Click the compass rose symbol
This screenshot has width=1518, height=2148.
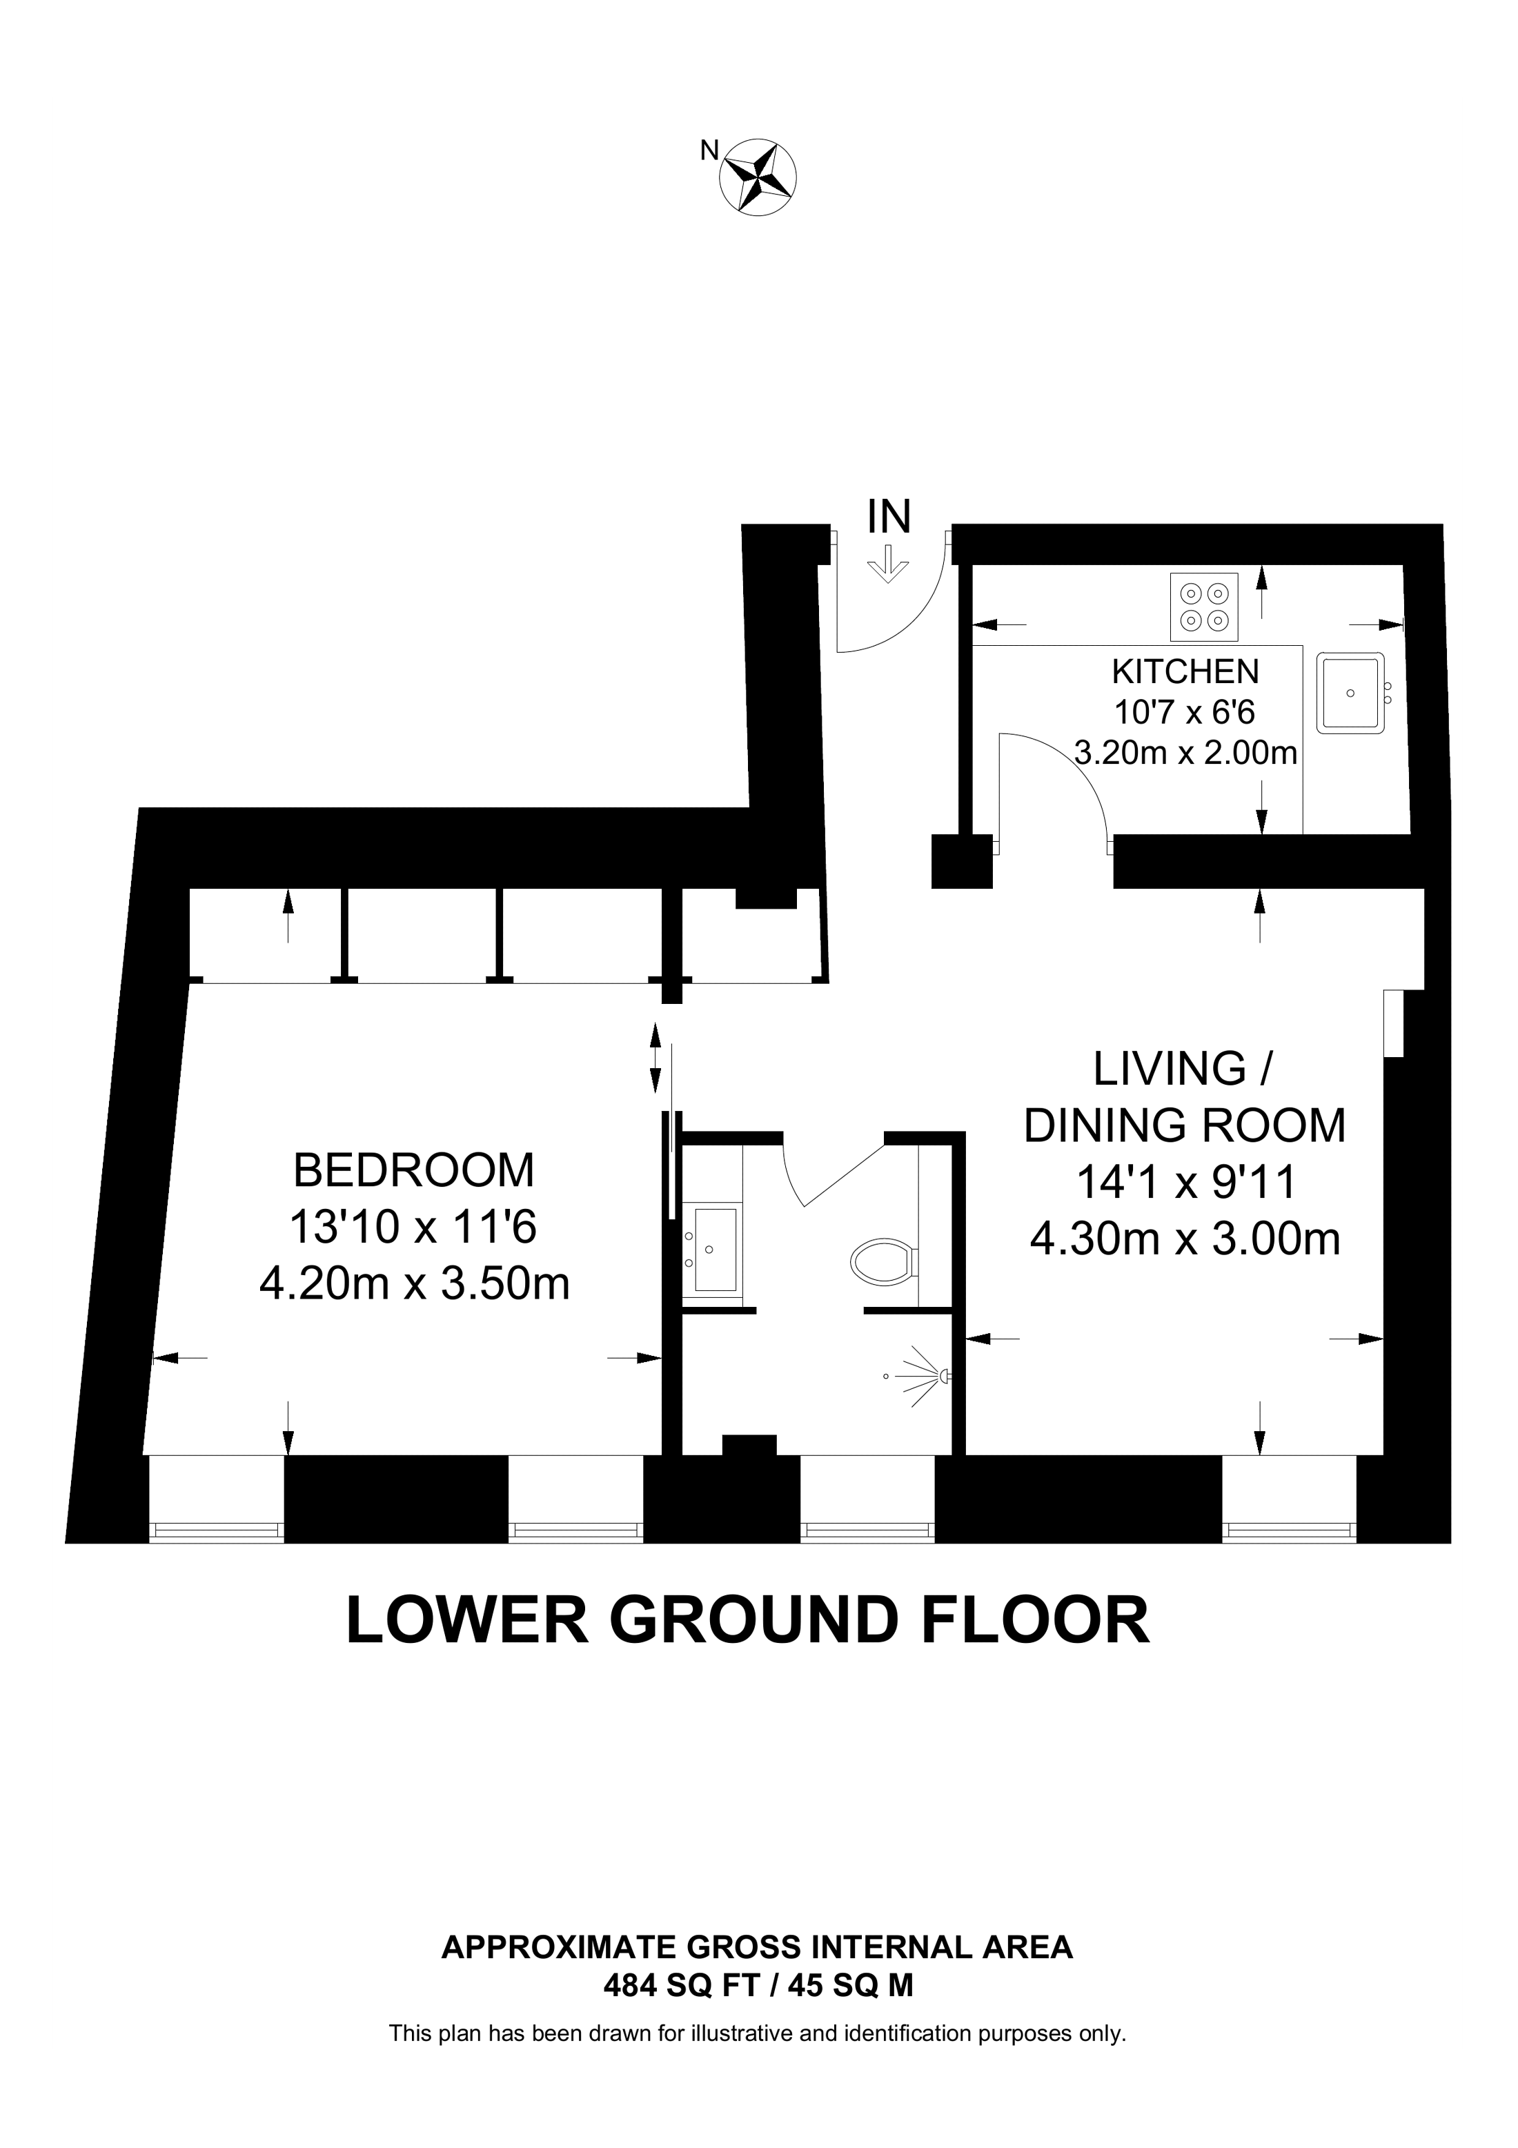758,178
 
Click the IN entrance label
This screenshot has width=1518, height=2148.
889,516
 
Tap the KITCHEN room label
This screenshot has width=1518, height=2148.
1185,671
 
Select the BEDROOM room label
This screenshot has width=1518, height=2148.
413,1170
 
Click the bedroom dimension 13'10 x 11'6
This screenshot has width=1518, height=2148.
413,1228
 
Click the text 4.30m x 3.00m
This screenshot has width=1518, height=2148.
1185,1239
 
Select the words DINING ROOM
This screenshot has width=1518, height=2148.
1185,1125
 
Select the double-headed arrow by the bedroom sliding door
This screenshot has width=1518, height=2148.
655,1058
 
